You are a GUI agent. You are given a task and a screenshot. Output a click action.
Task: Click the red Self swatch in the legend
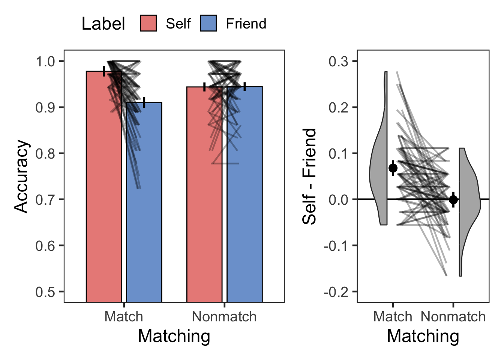coord(148,23)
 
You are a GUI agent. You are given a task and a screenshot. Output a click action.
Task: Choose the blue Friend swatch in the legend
coord(208,23)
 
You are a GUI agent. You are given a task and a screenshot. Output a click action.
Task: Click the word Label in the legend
coord(103,24)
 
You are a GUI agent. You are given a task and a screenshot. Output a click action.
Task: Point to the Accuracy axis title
coord(21,176)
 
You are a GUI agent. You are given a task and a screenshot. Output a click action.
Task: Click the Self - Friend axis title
coord(309,176)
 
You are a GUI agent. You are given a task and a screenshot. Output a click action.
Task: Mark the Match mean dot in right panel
coord(393,168)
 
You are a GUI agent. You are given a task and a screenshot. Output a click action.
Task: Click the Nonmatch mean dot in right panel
coord(453,199)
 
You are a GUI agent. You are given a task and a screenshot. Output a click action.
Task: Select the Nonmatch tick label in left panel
coord(224,317)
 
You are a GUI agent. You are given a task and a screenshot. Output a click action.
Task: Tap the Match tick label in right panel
coord(393,317)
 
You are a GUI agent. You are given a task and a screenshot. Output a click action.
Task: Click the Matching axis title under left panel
coord(174,336)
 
